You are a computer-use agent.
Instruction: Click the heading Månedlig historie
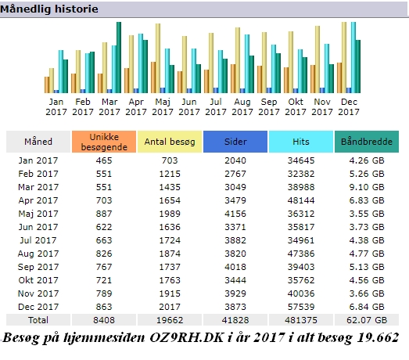pos(49,9)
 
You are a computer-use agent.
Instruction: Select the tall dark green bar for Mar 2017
pos(119,57)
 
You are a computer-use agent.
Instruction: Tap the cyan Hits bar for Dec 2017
pos(353,57)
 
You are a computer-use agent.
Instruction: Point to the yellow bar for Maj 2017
pos(158,58)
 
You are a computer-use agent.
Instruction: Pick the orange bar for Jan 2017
pos(47,85)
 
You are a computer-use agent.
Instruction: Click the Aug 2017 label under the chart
pos(242,106)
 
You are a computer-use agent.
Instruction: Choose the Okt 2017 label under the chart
pos(296,106)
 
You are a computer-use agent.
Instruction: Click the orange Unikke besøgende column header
pos(104,142)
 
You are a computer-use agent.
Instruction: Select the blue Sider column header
pos(235,142)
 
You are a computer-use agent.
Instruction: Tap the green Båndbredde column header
pos(367,142)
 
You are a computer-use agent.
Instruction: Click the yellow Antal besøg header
pos(170,142)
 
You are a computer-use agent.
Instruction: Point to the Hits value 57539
pos(301,307)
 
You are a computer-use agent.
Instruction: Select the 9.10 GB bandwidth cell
pos(367,187)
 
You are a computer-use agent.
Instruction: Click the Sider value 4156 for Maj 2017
pos(235,214)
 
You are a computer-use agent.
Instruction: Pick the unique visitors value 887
pos(104,214)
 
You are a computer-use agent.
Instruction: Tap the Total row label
pos(38,320)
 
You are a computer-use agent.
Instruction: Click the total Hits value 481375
pos(301,320)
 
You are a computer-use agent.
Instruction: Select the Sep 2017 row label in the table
pos(38,267)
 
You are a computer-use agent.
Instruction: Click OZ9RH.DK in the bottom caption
pos(187,338)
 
